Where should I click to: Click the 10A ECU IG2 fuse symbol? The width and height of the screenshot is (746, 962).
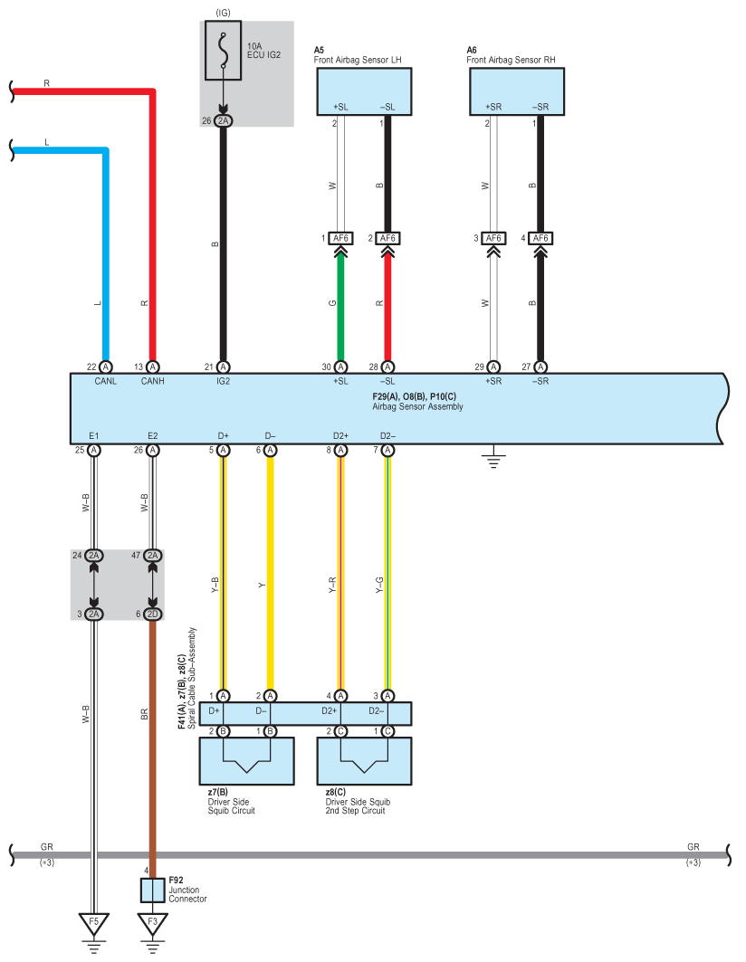[x=223, y=51]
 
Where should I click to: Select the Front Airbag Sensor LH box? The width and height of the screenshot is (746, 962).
[x=364, y=91]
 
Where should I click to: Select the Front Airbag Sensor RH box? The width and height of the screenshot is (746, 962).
[x=517, y=91]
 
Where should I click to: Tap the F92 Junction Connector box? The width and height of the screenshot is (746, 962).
[x=152, y=891]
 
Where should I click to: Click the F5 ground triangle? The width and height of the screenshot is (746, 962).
[x=93, y=923]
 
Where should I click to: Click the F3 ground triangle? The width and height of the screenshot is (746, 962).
[x=152, y=923]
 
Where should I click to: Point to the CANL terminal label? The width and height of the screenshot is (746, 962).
[x=106, y=381]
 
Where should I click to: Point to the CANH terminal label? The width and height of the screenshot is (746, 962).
[x=153, y=381]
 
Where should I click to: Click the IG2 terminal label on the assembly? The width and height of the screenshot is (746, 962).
[x=223, y=381]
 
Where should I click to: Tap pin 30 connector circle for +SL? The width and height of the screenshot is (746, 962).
[x=340, y=367]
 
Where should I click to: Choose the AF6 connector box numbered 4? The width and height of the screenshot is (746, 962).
[x=540, y=238]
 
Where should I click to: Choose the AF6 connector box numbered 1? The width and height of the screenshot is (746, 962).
[x=340, y=238]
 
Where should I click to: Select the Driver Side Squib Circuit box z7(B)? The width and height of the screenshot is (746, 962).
[x=247, y=761]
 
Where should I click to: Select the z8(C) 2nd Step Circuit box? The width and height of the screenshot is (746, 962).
[x=364, y=761]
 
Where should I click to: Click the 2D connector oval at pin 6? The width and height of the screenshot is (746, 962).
[x=153, y=614]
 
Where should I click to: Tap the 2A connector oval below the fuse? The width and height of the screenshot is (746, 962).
[x=223, y=121]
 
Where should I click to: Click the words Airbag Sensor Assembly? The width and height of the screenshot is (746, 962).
[x=417, y=406]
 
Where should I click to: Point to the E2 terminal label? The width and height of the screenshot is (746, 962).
[x=153, y=435]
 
